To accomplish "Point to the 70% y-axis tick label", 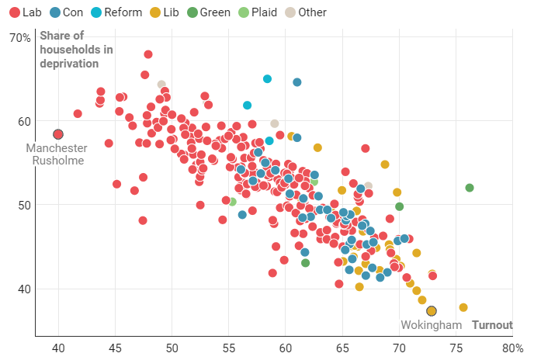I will (x=19, y=38).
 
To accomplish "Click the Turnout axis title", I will (x=492, y=325).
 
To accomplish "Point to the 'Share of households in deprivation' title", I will (x=76, y=49).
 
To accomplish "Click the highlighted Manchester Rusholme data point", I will (x=58, y=134).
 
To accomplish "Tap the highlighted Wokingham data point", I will (x=432, y=311).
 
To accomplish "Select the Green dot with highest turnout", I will (x=470, y=188).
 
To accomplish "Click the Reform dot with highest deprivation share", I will (x=268, y=78).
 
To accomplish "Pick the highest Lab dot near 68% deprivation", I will (x=148, y=54).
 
